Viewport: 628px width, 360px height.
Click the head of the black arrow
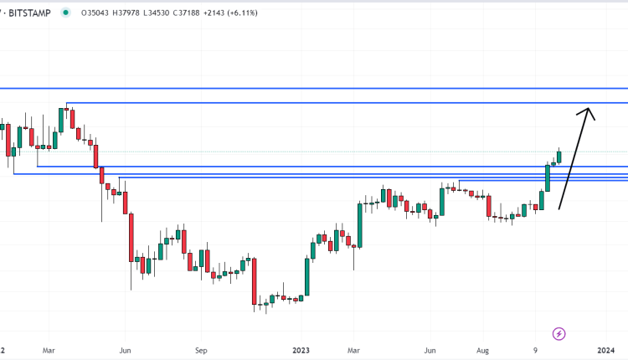[589, 111]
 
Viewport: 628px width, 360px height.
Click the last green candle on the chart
[559, 156]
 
